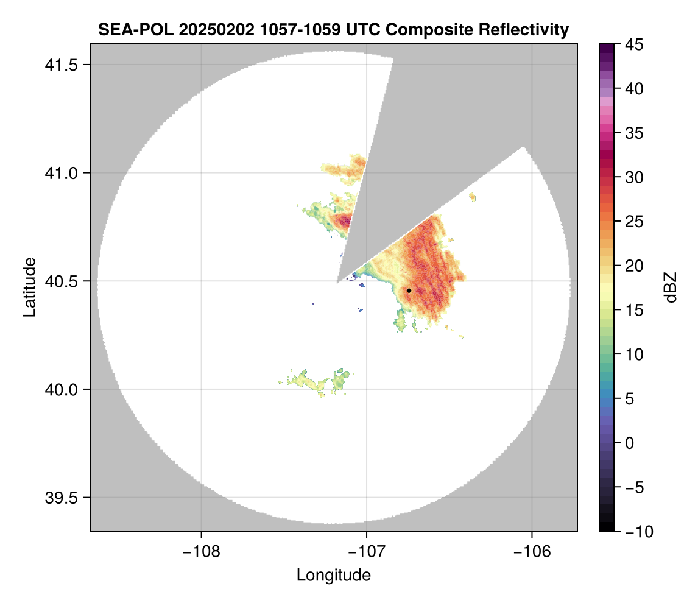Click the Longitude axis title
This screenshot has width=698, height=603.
point(333,575)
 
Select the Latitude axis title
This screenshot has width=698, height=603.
point(29,287)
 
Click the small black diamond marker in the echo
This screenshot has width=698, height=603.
point(409,291)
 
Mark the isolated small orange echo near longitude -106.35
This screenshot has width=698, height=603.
point(473,197)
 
